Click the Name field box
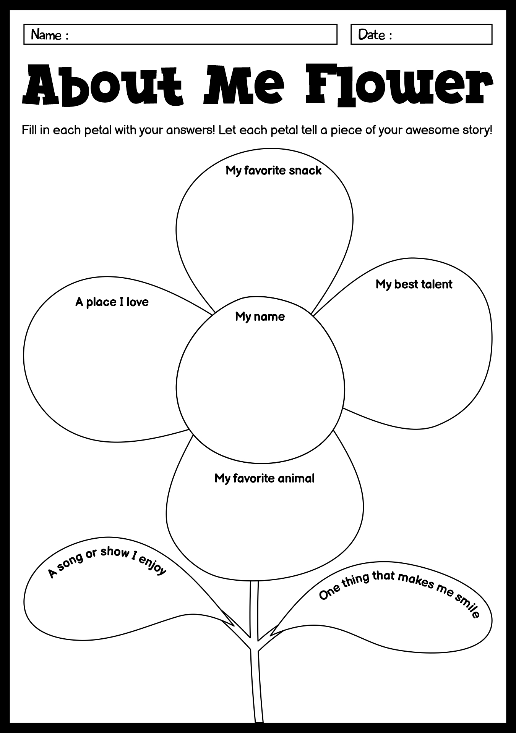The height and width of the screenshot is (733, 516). pyautogui.click(x=180, y=34)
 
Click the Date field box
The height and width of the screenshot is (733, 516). pyautogui.click(x=422, y=34)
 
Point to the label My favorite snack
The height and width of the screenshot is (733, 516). pyautogui.click(x=274, y=170)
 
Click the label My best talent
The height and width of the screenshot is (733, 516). pyautogui.click(x=414, y=284)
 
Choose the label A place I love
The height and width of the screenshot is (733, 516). pyautogui.click(x=112, y=302)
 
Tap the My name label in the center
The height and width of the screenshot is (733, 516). pyautogui.click(x=260, y=316)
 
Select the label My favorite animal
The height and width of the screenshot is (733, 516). pyautogui.click(x=264, y=478)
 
